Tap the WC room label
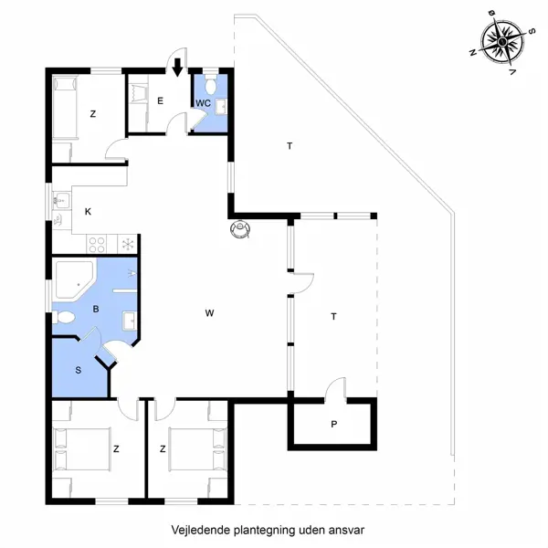(203, 102)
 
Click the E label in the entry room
(160, 100)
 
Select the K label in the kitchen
(89, 212)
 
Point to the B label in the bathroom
(95, 309)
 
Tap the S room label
(78, 370)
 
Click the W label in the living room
(209, 313)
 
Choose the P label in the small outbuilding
(334, 424)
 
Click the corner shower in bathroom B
(71, 279)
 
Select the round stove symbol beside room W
(240, 228)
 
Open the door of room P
(338, 387)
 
